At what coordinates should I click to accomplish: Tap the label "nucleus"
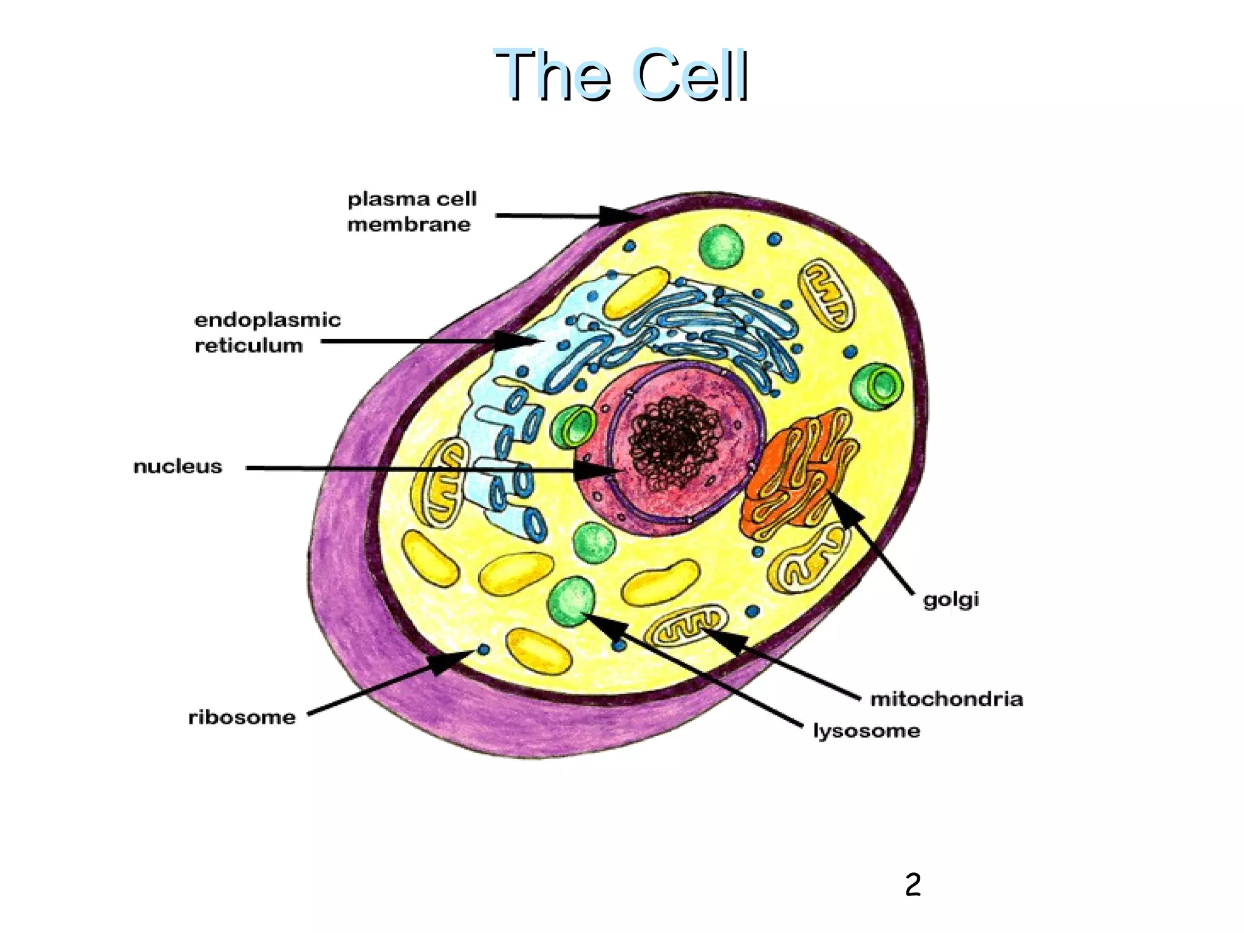(x=177, y=466)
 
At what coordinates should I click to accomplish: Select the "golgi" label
(x=951, y=600)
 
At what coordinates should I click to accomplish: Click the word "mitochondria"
(x=946, y=699)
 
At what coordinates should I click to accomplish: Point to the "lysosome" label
(x=866, y=730)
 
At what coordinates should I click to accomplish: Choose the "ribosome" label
(x=242, y=717)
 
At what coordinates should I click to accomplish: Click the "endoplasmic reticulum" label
(x=267, y=332)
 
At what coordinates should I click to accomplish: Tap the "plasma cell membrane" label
(x=412, y=211)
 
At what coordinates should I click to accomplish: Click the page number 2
(x=912, y=884)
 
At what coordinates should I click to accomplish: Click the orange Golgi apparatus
(x=796, y=474)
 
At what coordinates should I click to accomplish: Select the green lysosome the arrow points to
(x=571, y=600)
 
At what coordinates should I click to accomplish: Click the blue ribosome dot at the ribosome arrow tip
(x=484, y=649)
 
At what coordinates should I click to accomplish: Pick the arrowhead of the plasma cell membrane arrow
(x=617, y=216)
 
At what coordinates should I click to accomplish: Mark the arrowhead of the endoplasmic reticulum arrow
(x=516, y=341)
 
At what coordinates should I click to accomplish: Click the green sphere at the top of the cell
(x=721, y=245)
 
